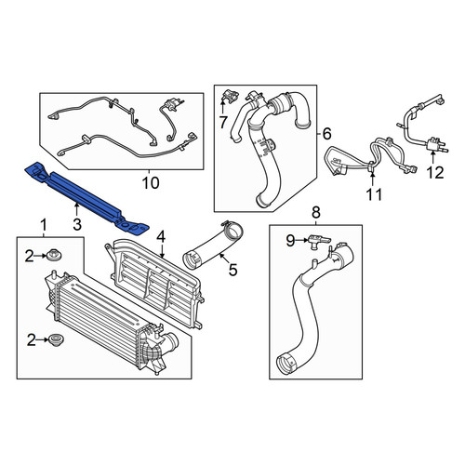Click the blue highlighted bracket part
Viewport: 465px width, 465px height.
[86, 197]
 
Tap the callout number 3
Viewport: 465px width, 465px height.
[77, 224]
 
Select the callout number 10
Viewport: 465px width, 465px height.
[151, 183]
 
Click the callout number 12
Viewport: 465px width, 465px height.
[435, 173]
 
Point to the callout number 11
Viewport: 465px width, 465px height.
[374, 195]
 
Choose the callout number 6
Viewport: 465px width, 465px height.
[326, 134]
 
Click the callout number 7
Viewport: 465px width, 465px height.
[223, 122]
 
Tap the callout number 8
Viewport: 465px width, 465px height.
[315, 213]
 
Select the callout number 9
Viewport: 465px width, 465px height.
[290, 241]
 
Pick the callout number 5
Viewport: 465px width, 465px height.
[232, 270]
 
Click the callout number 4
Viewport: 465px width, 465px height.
[161, 237]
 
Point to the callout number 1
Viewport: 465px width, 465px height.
[44, 225]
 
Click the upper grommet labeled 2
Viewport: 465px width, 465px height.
[55, 256]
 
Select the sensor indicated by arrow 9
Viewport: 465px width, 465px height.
[319, 242]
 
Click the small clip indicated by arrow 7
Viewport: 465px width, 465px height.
[230, 95]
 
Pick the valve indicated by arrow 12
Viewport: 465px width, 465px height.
[436, 145]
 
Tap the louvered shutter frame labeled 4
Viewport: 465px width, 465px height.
[155, 282]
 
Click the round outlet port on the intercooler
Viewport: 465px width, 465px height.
[172, 342]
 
